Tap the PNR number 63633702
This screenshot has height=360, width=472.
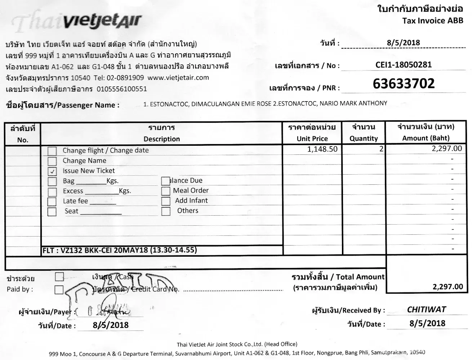click(x=404, y=84)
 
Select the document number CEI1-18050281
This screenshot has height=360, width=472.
click(x=403, y=65)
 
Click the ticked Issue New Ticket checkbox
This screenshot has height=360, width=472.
click(x=52, y=171)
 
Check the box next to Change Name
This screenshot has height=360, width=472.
click(x=52, y=161)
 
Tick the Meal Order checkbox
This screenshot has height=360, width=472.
click(x=166, y=191)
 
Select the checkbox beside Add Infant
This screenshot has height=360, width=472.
click(x=166, y=201)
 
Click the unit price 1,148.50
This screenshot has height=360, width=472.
click(x=322, y=149)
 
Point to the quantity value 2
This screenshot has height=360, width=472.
click(x=381, y=149)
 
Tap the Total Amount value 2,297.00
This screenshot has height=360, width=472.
click(x=447, y=287)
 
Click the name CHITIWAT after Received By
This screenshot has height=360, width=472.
click(x=426, y=310)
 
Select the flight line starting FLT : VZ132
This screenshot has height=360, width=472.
click(x=120, y=250)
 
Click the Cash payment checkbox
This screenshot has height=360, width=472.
click(x=59, y=276)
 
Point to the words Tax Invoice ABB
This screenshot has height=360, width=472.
click(x=433, y=21)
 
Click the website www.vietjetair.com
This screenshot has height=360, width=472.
click(x=178, y=77)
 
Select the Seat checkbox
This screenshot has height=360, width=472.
click(x=52, y=211)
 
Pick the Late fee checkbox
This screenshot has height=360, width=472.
click(x=52, y=201)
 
